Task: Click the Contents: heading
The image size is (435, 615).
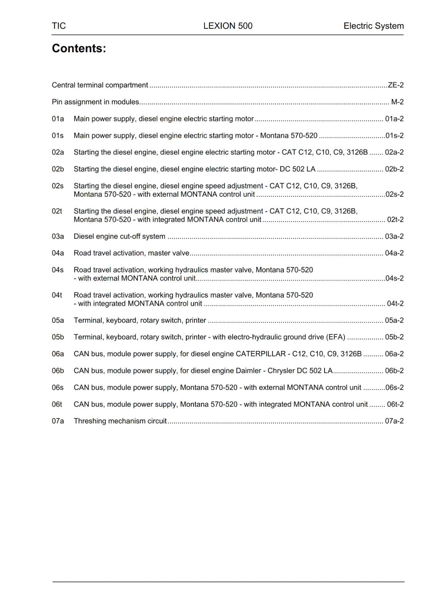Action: pyautogui.click(x=79, y=48)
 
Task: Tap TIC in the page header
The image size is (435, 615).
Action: pyautogui.click(x=59, y=26)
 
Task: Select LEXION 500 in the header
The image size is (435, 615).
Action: pyautogui.click(x=228, y=26)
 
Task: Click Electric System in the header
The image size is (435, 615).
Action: pyautogui.click(x=373, y=26)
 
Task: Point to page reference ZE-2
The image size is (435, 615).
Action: pyautogui.click(x=396, y=85)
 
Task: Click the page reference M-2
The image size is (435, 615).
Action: pyautogui.click(x=397, y=102)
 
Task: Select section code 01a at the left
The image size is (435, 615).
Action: pyautogui.click(x=58, y=119)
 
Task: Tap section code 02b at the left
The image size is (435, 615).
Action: pyautogui.click(x=58, y=169)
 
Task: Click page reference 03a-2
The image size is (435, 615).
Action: pyautogui.click(x=394, y=236)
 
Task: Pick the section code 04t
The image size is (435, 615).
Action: pyautogui.click(x=57, y=295)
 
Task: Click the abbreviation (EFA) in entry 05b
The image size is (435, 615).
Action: pyautogui.click(x=336, y=337)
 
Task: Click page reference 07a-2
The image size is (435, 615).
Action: pyautogui.click(x=394, y=421)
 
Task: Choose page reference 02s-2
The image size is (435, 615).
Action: pyautogui.click(x=395, y=194)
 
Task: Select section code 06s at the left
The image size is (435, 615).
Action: pyautogui.click(x=58, y=387)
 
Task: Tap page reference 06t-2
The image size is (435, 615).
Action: pyautogui.click(x=395, y=404)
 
